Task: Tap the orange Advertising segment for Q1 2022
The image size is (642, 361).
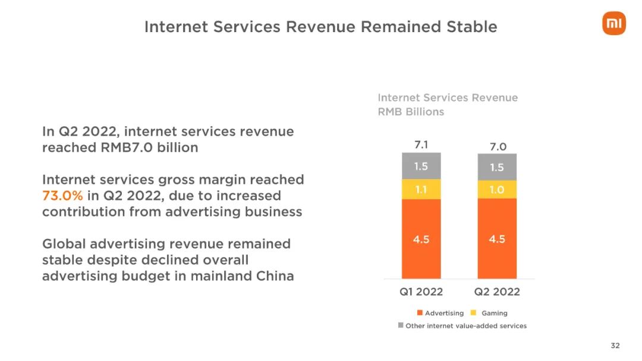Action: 421,239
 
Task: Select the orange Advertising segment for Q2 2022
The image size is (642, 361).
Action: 497,239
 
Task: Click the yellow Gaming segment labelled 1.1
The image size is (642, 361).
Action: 421,190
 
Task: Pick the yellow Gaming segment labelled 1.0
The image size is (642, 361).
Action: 497,190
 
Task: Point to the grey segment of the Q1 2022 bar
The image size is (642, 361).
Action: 421,167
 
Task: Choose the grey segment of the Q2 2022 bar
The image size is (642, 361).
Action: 497,168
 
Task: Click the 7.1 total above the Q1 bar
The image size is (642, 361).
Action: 421,145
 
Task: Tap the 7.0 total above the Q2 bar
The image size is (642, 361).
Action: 497,146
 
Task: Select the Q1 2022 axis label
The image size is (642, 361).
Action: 421,291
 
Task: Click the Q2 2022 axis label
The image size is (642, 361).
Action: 497,291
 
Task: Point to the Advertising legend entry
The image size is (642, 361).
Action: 440,313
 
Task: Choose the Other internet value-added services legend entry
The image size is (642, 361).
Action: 462,326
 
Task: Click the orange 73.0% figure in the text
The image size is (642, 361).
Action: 62,196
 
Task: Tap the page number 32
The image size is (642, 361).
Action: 615,346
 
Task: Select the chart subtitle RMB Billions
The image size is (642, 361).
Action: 411,112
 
